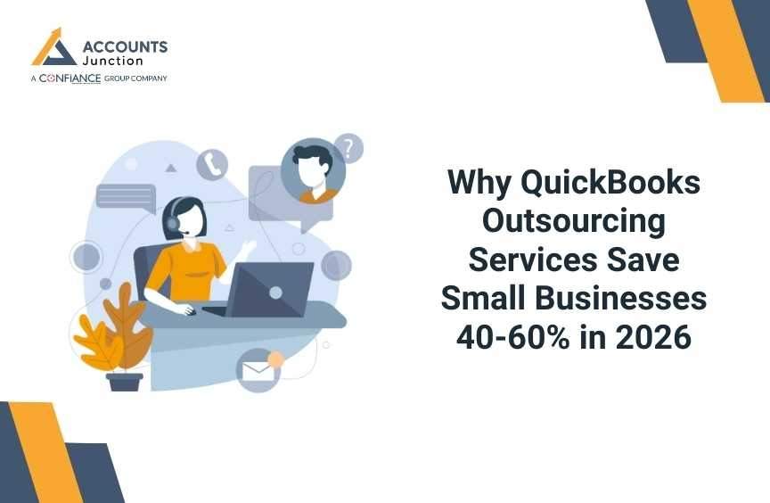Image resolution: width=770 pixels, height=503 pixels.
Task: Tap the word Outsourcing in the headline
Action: click(573, 222)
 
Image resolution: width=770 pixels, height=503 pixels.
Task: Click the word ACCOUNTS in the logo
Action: click(125, 46)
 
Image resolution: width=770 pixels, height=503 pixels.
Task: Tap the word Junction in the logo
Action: click(112, 62)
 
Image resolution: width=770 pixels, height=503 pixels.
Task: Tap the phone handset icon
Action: click(212, 164)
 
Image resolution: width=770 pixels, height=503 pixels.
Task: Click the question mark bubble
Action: click(348, 149)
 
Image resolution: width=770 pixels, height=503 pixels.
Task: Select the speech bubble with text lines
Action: click(126, 197)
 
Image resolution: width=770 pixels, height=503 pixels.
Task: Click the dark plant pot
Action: click(125, 381)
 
